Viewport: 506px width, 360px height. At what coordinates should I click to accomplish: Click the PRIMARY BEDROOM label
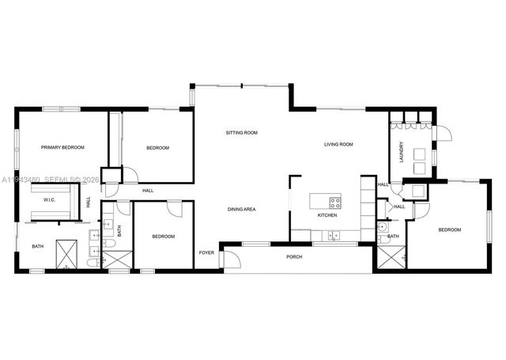click(62, 147)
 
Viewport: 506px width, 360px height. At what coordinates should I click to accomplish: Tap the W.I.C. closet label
click(48, 199)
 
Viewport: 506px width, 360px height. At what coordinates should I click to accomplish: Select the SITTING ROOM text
click(241, 133)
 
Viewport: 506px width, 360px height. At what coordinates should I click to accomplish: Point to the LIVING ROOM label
click(338, 144)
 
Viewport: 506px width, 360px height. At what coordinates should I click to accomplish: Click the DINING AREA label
click(241, 209)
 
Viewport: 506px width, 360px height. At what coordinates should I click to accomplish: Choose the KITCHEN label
click(327, 215)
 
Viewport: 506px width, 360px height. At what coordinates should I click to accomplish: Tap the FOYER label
click(206, 252)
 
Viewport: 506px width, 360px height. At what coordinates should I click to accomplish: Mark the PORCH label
click(294, 256)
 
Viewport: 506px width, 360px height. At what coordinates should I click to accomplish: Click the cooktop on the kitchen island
click(334, 199)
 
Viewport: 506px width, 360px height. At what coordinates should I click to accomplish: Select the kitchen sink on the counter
click(333, 234)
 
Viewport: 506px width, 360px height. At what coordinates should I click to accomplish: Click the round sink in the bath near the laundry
click(383, 225)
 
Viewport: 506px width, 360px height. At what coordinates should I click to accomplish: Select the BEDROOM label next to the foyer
click(163, 236)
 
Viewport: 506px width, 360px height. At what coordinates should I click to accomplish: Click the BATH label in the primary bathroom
click(37, 247)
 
